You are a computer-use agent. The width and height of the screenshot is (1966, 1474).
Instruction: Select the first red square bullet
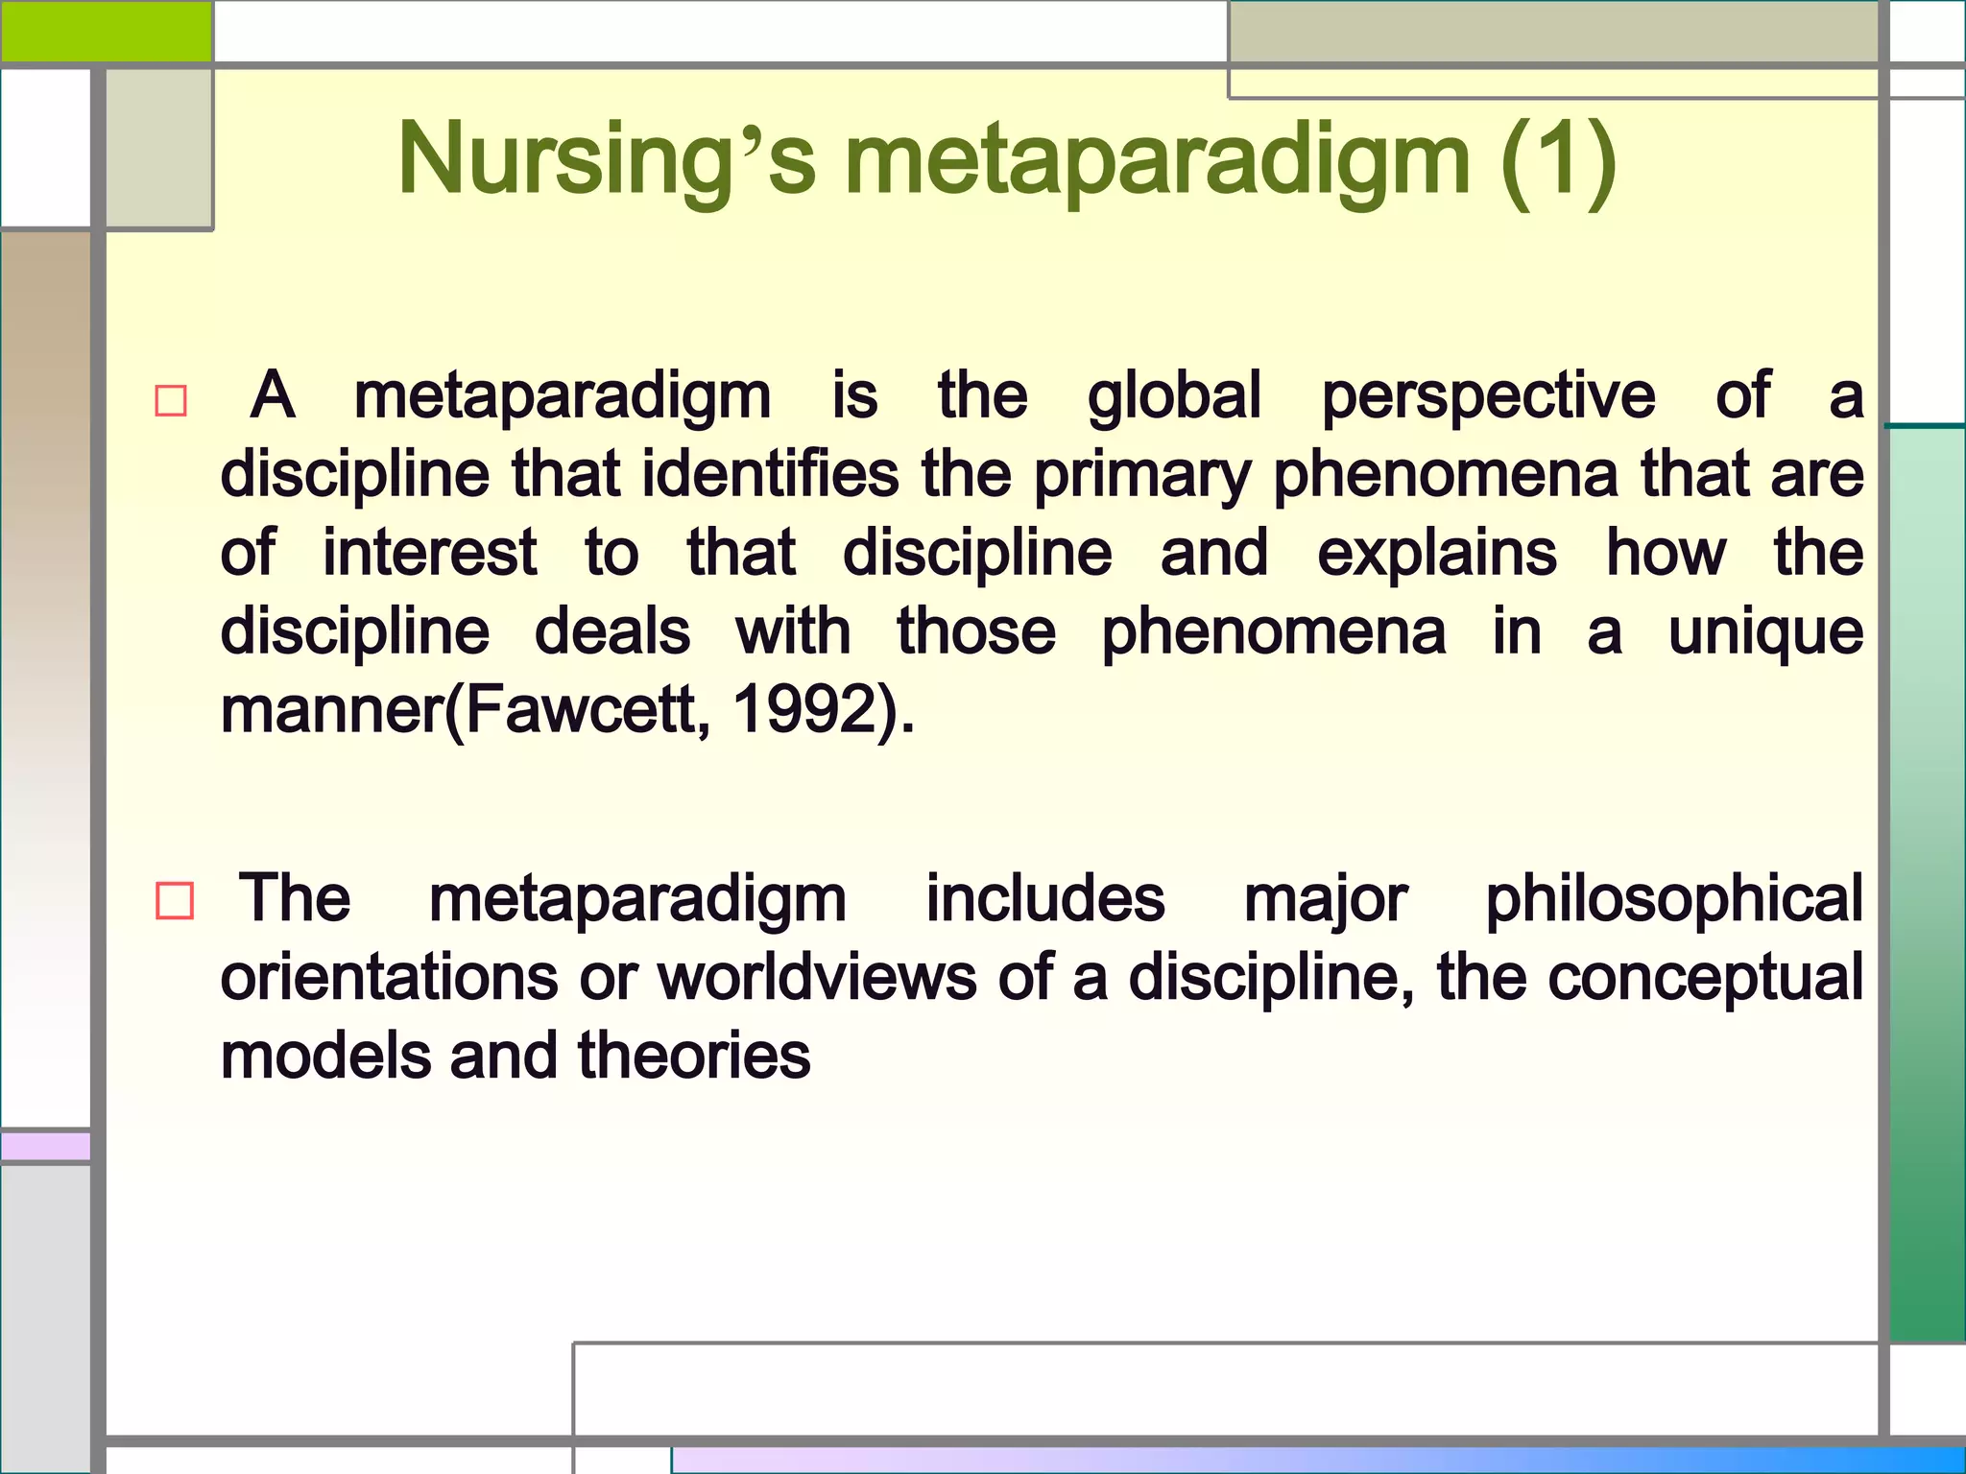(171, 400)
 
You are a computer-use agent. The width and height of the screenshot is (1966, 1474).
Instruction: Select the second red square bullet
(175, 901)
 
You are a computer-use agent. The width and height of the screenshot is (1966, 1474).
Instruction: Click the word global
(1173, 396)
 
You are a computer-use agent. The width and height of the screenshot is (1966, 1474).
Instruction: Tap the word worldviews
(816, 978)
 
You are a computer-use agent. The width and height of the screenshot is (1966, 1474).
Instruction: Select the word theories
(694, 1057)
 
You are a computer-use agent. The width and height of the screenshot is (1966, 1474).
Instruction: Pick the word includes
(1044, 899)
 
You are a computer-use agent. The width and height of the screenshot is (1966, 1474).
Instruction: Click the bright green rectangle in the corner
(106, 31)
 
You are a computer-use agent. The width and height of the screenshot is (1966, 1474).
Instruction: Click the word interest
(429, 554)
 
